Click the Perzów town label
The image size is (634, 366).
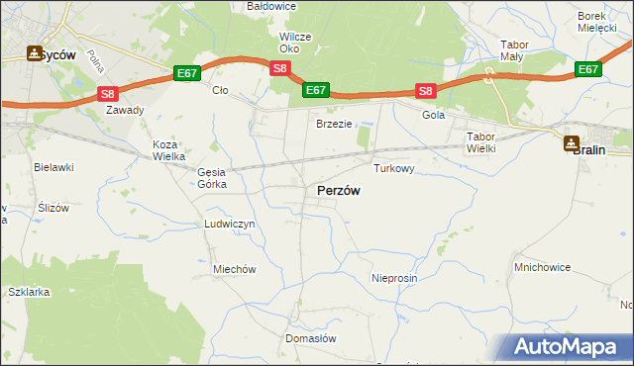(x=338, y=191)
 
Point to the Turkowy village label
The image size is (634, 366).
(x=393, y=169)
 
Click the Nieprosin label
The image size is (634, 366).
(x=395, y=279)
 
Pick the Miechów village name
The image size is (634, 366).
(x=235, y=269)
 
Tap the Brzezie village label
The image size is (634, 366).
(x=335, y=124)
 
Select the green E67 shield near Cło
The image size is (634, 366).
(x=187, y=73)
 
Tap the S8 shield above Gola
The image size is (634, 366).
(x=425, y=92)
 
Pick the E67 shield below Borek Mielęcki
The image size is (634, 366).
(x=588, y=68)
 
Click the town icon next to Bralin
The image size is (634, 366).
(x=572, y=143)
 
